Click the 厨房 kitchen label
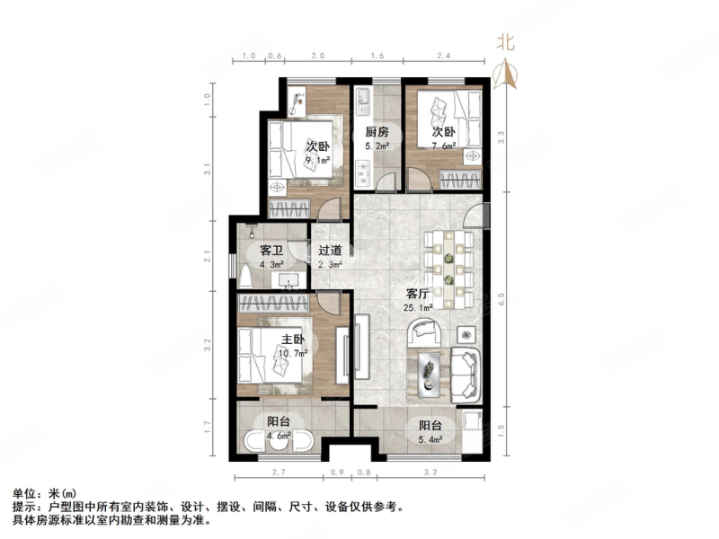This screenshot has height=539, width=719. tap(377, 131)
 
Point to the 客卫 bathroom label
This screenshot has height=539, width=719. tap(271, 252)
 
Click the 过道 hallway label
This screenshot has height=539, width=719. tap(330, 252)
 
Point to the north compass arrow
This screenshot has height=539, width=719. tap(508, 73)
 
